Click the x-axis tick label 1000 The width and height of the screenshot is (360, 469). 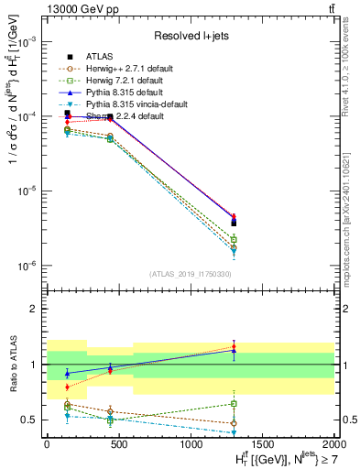click(x=190, y=444)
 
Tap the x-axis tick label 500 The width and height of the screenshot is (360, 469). click(x=118, y=444)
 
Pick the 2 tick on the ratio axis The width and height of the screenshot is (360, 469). click(x=33, y=309)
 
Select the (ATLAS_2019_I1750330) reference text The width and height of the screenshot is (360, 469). click(x=190, y=274)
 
